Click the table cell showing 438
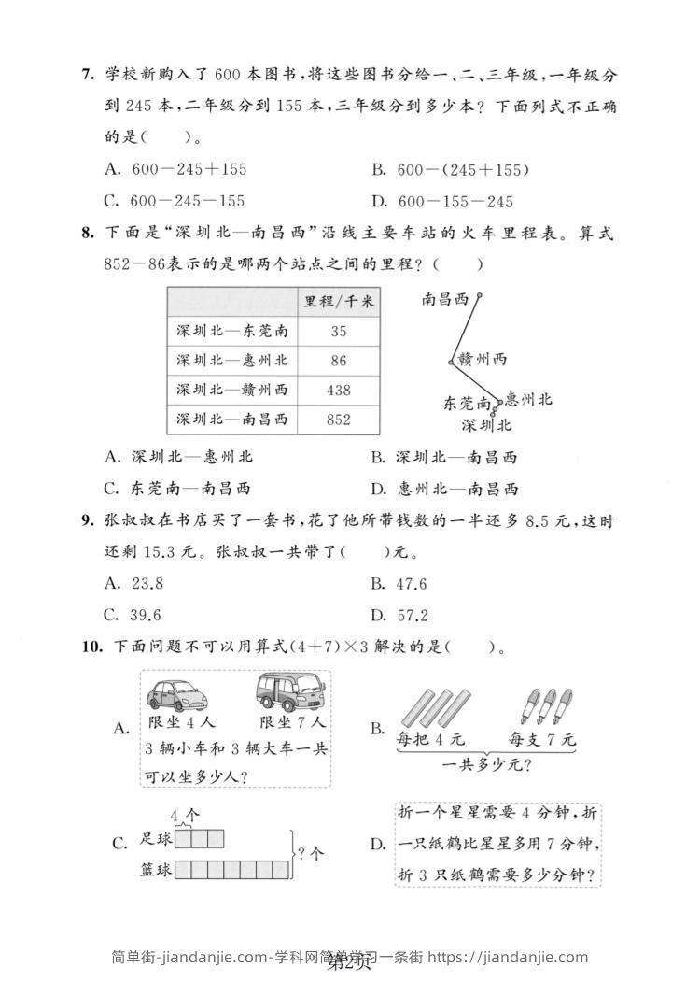click(338, 390)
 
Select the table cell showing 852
click(338, 420)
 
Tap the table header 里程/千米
click(339, 301)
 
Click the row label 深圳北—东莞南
click(231, 331)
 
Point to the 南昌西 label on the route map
click(446, 299)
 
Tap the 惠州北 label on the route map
click(528, 400)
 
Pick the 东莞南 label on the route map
click(467, 404)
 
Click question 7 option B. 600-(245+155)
click(451, 169)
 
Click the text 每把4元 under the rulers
click(430, 739)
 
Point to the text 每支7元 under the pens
click(542, 739)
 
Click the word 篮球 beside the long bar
click(155, 870)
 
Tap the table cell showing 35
click(338, 331)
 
